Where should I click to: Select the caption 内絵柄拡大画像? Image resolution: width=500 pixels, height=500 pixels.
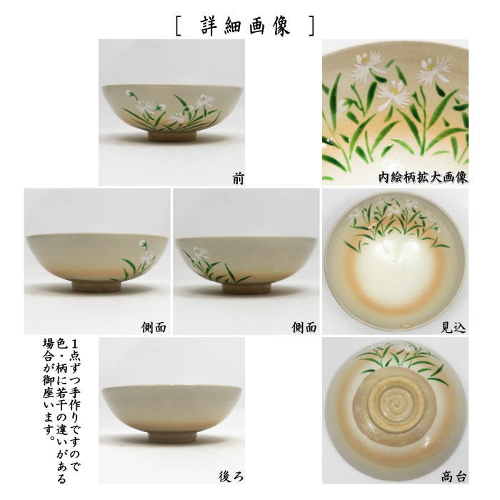[424, 176]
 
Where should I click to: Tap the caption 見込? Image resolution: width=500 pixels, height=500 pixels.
[453, 327]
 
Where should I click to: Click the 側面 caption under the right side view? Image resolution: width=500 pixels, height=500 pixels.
[304, 327]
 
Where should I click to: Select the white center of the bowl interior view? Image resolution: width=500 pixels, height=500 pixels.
[395, 279]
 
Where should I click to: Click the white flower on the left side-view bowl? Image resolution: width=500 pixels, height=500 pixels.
[146, 254]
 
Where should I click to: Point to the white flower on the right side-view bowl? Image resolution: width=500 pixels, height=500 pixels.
[199, 253]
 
